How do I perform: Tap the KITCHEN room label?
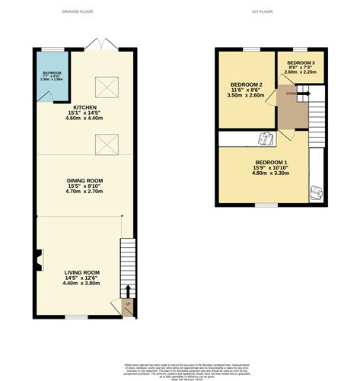click(84, 108)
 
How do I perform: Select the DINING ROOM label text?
click(84, 180)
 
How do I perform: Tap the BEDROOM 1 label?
click(271, 163)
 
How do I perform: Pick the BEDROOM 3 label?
click(301, 62)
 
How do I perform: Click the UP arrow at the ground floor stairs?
click(127, 293)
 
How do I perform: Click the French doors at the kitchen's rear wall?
click(97, 46)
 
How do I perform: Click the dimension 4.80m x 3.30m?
click(271, 176)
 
